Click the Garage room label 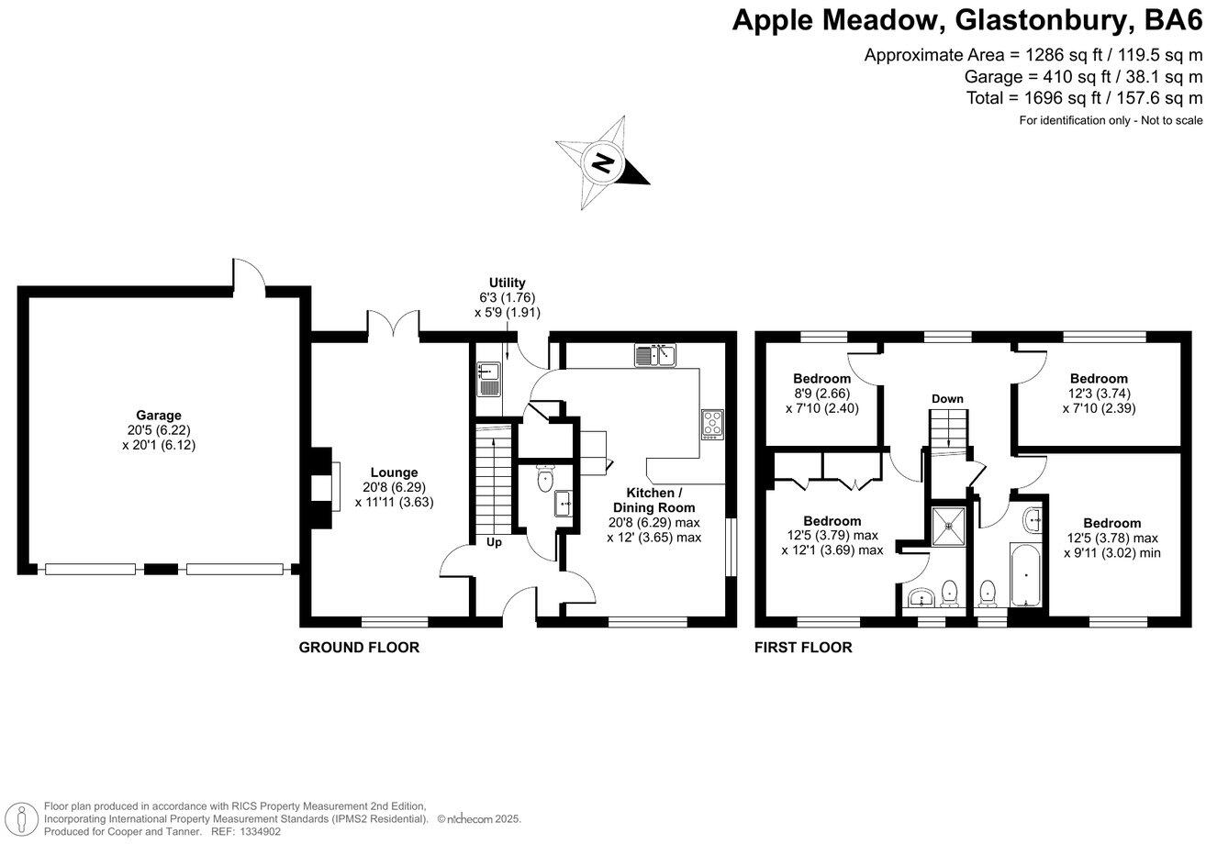pos(159,416)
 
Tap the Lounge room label pos(394,472)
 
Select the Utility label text pos(507,283)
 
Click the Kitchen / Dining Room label pos(654,500)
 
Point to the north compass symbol pos(603,164)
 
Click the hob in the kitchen pos(712,423)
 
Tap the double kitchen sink pos(654,355)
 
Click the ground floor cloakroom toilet pos(545,478)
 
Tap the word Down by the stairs pos(947,399)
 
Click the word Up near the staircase pos(494,542)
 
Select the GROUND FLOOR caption pos(359,648)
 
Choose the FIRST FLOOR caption pos(803,648)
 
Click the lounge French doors pos(395,325)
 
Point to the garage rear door pos(249,275)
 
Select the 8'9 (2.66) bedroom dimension pos(821,394)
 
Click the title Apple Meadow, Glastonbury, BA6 pos(966,20)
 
